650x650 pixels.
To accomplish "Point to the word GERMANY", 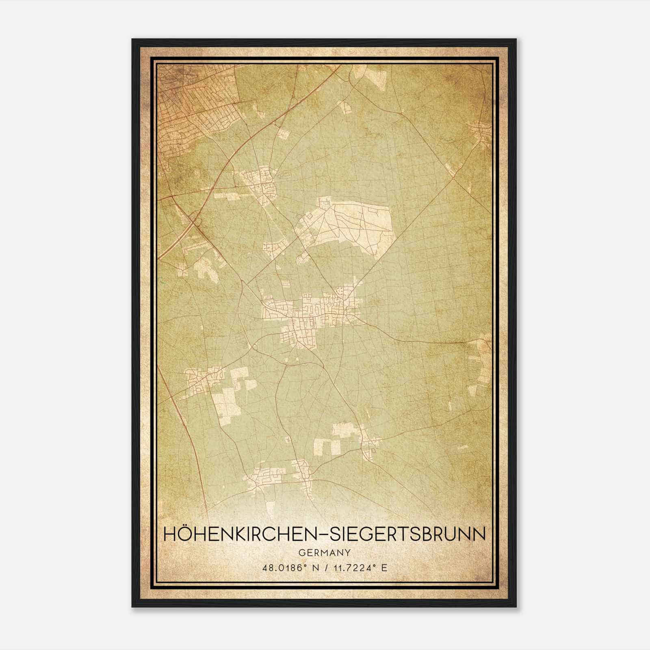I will (x=325, y=552).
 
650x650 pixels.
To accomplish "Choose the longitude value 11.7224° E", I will (x=360, y=568).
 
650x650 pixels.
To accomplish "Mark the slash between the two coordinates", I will (x=325, y=568).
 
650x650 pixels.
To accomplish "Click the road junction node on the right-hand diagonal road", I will (x=453, y=178).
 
